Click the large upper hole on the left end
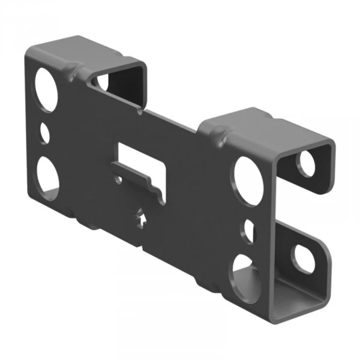(x=47, y=89)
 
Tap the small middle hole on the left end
(x=45, y=133)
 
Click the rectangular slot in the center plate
(x=140, y=157)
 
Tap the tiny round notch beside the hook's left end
(x=118, y=178)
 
